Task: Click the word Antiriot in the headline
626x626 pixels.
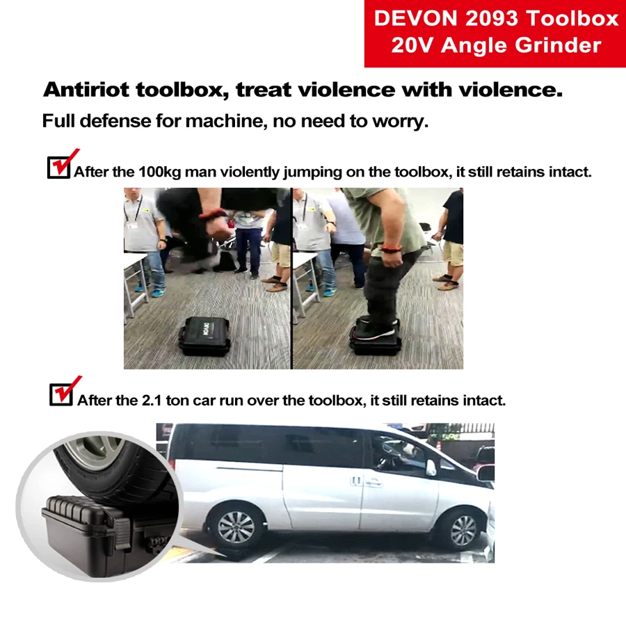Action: (87, 90)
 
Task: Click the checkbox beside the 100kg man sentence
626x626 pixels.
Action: (58, 167)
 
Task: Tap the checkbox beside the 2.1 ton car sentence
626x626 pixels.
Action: (61, 395)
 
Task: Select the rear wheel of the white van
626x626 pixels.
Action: (236, 527)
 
